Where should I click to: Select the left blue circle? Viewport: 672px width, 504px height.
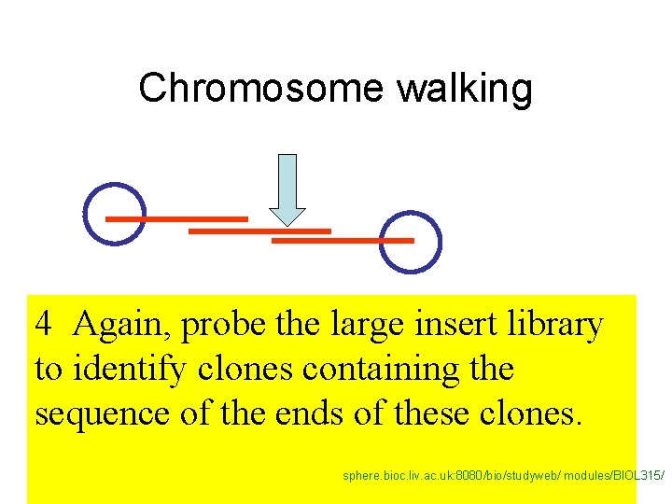[x=115, y=214]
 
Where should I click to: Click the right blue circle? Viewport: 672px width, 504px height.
[x=412, y=243]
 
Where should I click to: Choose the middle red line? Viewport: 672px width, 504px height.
[x=259, y=230]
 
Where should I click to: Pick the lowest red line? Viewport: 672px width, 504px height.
[x=342, y=241]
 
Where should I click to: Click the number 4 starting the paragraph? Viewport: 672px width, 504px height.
[x=43, y=325]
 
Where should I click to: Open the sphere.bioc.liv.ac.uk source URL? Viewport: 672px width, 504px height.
[x=504, y=475]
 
